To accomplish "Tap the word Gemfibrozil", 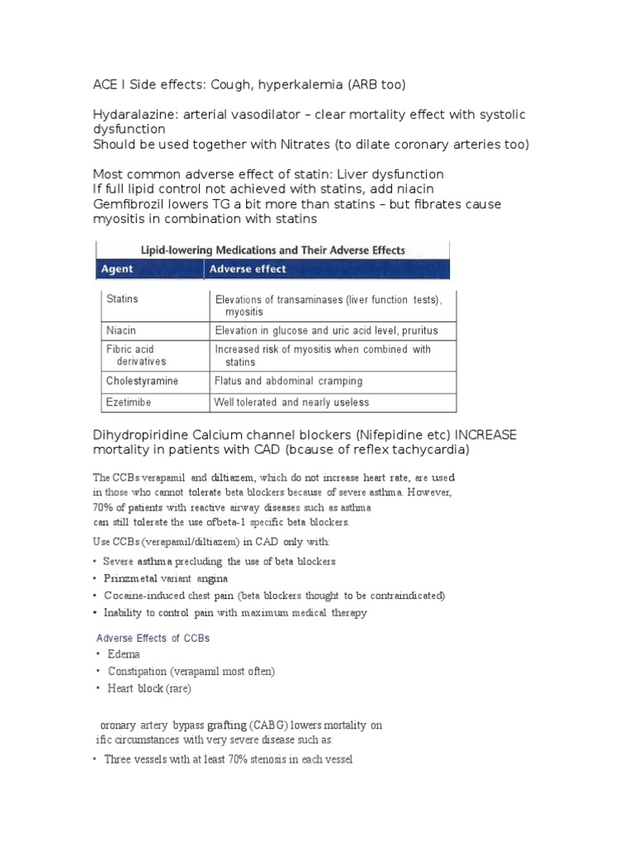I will [132, 204].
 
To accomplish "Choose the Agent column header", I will [117, 269].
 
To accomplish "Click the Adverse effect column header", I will [248, 269].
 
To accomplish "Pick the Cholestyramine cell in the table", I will [142, 382].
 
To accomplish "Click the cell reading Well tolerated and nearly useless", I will [291, 402].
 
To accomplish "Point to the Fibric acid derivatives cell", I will [135, 355].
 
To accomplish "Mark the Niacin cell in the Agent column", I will [121, 330].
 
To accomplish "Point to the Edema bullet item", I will [124, 654].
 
